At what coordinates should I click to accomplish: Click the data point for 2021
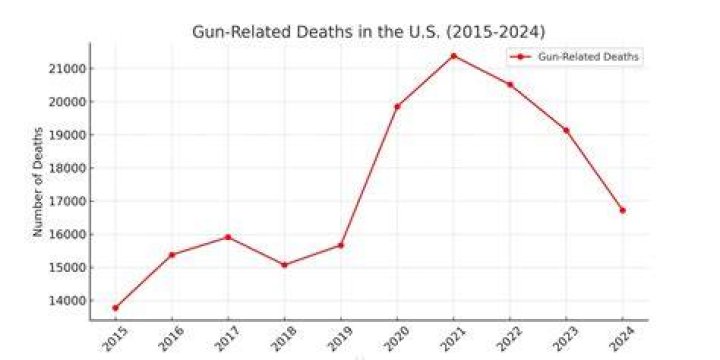pyautogui.click(x=454, y=56)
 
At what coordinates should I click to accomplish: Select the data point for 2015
pyautogui.click(x=115, y=308)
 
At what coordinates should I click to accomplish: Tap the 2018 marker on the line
pyautogui.click(x=284, y=265)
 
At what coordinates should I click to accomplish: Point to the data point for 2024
pyautogui.click(x=623, y=210)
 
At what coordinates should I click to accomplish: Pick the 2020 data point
pyautogui.click(x=397, y=107)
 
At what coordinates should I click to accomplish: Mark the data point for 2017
pyautogui.click(x=228, y=237)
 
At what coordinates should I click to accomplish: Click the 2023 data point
pyautogui.click(x=566, y=130)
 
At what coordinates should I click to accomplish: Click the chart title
pyautogui.click(x=369, y=32)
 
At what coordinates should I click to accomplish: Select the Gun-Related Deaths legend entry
pyautogui.click(x=575, y=57)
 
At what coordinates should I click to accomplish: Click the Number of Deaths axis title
pyautogui.click(x=38, y=182)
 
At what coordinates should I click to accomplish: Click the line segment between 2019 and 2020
pyautogui.click(x=369, y=176)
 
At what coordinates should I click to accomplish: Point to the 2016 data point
pyautogui.click(x=172, y=255)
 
